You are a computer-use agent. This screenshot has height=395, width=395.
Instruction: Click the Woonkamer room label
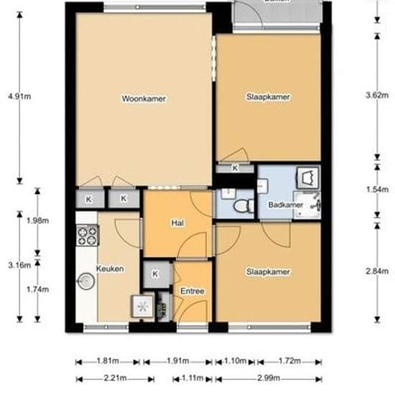(x=144, y=98)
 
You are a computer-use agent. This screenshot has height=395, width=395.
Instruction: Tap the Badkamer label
(x=284, y=205)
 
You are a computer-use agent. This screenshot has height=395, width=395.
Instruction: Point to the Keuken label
(x=111, y=269)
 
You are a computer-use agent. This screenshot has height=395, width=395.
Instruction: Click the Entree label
(x=192, y=291)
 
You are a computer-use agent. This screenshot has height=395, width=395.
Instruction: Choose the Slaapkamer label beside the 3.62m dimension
(x=268, y=97)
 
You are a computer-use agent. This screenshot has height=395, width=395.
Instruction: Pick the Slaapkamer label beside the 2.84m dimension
(x=268, y=272)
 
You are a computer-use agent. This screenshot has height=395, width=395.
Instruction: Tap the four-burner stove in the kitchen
(x=88, y=234)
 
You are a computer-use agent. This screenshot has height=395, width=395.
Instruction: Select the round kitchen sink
(x=87, y=281)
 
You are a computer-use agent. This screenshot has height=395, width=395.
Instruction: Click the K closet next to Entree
(x=157, y=274)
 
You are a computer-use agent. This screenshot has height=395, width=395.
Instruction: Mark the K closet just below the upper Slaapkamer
(x=236, y=168)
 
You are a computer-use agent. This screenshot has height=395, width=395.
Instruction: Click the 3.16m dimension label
(x=19, y=265)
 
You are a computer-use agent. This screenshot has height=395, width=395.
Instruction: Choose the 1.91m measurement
(x=178, y=361)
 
